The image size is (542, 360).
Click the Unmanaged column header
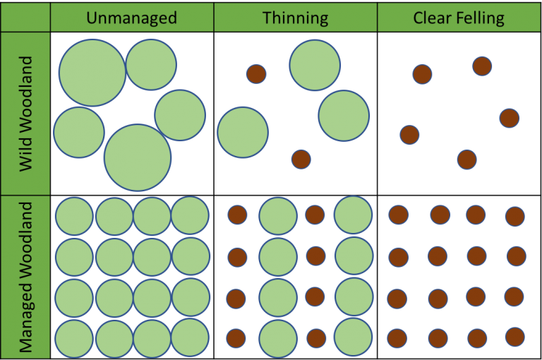pyautogui.click(x=132, y=18)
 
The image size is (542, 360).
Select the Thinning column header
pyautogui.click(x=295, y=18)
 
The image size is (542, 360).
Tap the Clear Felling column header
pyautogui.click(x=459, y=18)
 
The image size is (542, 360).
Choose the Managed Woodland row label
pyautogui.click(x=26, y=277)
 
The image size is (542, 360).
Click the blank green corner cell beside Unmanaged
pyautogui.click(x=25, y=16)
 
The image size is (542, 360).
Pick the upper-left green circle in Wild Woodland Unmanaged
pyautogui.click(x=92, y=72)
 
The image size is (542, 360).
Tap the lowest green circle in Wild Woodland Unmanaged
pyautogui.click(x=138, y=157)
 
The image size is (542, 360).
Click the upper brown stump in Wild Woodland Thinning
pyautogui.click(x=256, y=73)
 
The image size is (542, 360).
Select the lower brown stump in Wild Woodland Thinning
pyautogui.click(x=301, y=159)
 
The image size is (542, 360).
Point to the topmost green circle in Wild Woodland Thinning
pyautogui.click(x=315, y=65)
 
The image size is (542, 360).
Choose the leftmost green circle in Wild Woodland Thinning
pyautogui.click(x=243, y=132)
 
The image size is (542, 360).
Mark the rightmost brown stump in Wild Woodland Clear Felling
pyautogui.click(x=510, y=118)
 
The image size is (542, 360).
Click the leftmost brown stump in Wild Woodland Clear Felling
pyautogui.click(x=409, y=134)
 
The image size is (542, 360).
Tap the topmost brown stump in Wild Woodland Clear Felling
pyautogui.click(x=482, y=66)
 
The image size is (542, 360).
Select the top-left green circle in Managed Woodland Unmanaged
pyautogui.click(x=74, y=216)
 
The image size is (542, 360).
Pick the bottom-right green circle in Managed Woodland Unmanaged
pyautogui.click(x=190, y=338)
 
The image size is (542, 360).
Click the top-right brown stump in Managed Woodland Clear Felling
pyautogui.click(x=514, y=216)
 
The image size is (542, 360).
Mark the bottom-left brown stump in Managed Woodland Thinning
pyautogui.click(x=236, y=338)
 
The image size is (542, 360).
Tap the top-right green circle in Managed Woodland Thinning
pyautogui.click(x=353, y=215)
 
